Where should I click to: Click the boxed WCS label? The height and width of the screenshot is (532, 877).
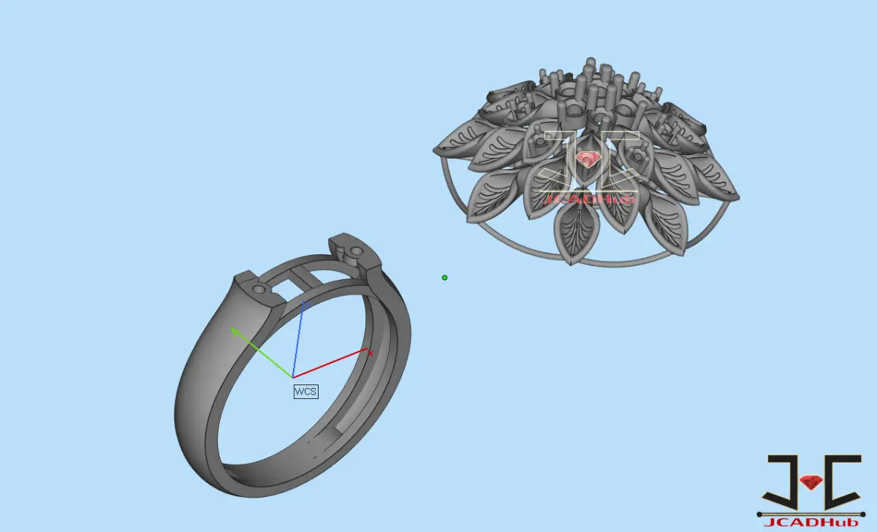pyautogui.click(x=305, y=392)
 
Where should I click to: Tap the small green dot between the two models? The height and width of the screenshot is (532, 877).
pyautogui.click(x=444, y=278)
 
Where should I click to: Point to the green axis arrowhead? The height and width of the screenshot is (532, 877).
pyautogui.click(x=235, y=332)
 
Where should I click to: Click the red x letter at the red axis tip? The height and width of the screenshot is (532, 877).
pyautogui.click(x=371, y=354)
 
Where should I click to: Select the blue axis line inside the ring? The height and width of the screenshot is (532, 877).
pyautogui.click(x=298, y=339)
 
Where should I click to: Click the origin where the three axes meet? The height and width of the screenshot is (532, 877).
pyautogui.click(x=293, y=377)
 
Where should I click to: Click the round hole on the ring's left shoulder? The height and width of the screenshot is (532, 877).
pyautogui.click(x=259, y=289)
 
